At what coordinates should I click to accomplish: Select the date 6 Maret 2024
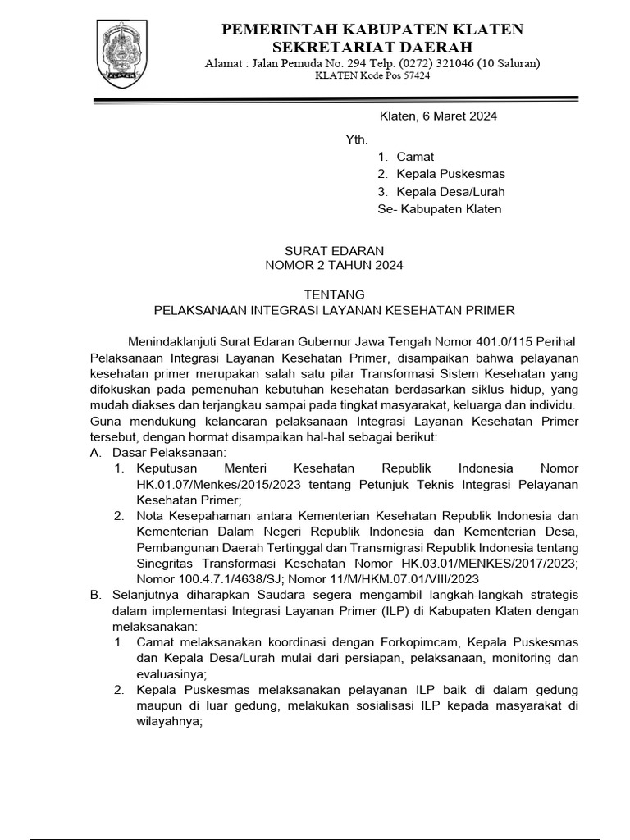point(460,116)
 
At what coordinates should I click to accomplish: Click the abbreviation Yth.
point(358,139)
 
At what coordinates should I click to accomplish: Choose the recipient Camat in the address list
point(415,157)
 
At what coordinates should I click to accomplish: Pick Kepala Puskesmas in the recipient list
point(450,174)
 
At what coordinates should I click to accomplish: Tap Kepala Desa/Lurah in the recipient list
point(450,192)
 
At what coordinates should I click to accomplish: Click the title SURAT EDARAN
point(334,250)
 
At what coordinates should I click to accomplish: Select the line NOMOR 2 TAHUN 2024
point(334,265)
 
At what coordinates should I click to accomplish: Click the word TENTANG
point(334,294)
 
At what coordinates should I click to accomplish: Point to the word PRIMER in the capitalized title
point(491,310)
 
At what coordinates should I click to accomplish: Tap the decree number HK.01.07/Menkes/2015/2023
point(211,484)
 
